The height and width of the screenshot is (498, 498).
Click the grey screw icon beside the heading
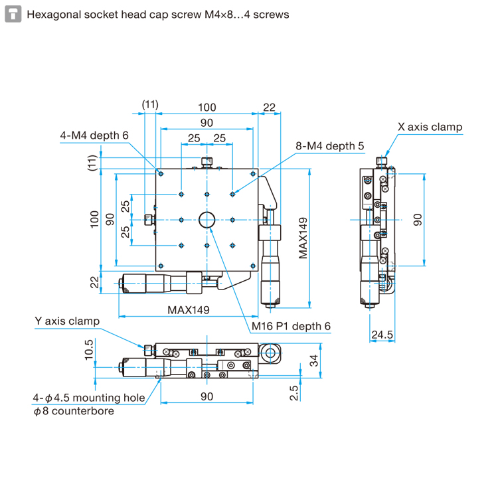13,15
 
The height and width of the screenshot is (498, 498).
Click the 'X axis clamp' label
430,127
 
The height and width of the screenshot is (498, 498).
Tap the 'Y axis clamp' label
67,321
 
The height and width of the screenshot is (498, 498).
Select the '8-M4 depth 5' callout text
329,146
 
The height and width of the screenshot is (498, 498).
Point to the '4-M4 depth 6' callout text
94,135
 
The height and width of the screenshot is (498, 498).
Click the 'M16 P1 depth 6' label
291,326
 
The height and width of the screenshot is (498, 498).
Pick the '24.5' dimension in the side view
382,335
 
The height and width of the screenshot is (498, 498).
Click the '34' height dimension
314,361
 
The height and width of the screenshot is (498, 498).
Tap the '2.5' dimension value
294,393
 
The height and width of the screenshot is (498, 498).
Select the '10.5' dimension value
89,350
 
